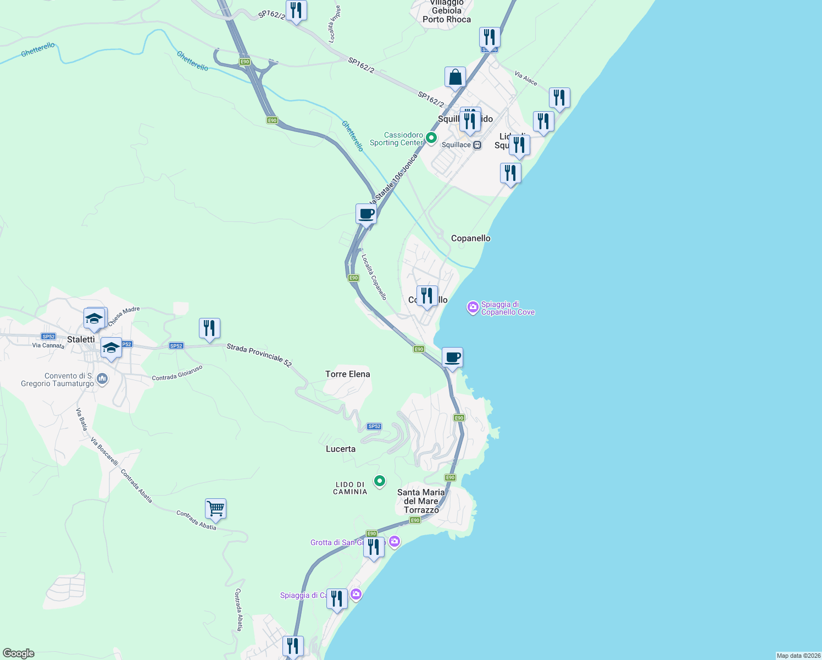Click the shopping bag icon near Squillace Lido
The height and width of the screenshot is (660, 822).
tap(455, 78)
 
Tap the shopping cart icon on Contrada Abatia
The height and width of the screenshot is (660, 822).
tap(215, 509)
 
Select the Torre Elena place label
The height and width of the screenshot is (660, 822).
tap(347, 374)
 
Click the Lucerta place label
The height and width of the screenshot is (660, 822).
tap(341, 449)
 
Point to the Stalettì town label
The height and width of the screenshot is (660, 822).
tap(81, 339)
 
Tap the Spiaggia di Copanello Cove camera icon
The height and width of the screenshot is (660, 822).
tap(473, 307)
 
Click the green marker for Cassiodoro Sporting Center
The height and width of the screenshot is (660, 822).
tap(431, 138)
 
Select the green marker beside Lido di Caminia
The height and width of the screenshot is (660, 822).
tap(379, 481)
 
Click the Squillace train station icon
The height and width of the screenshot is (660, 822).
tap(477, 145)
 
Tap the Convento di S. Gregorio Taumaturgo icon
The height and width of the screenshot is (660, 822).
tap(102, 379)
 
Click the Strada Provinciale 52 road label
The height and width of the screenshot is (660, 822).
tap(259, 355)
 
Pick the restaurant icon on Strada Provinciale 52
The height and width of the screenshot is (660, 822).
tap(209, 328)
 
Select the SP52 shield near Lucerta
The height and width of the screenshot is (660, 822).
tap(374, 426)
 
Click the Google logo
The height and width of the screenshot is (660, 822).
tap(19, 653)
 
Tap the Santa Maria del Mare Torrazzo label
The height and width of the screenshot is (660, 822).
tap(421, 501)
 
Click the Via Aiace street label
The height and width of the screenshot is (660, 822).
tap(526, 78)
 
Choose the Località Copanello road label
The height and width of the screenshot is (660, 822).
tap(374, 276)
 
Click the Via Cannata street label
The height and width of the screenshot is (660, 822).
tap(48, 345)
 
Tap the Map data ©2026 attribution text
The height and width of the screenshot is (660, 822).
tap(798, 656)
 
